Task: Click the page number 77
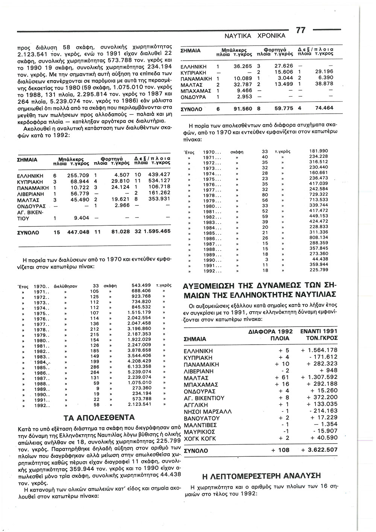[x=301, y=30]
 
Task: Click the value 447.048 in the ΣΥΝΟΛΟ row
[x=78, y=232]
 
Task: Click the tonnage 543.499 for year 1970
[x=141, y=286]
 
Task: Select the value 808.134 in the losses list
[x=318, y=238]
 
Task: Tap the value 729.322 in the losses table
[x=318, y=194]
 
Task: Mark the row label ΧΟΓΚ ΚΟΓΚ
[x=200, y=439]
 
